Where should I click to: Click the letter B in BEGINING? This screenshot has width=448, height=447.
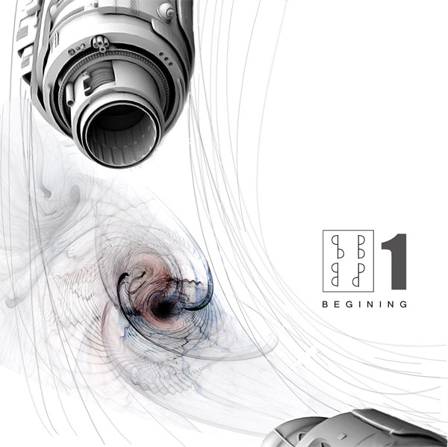click(x=325, y=304)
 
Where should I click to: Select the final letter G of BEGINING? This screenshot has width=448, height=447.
click(x=403, y=304)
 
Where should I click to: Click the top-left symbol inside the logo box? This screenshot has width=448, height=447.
click(x=337, y=247)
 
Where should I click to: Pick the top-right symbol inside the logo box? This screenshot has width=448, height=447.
click(x=361, y=247)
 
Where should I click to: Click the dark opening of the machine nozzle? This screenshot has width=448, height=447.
click(x=121, y=134)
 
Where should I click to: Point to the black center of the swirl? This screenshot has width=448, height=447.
click(x=164, y=308)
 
